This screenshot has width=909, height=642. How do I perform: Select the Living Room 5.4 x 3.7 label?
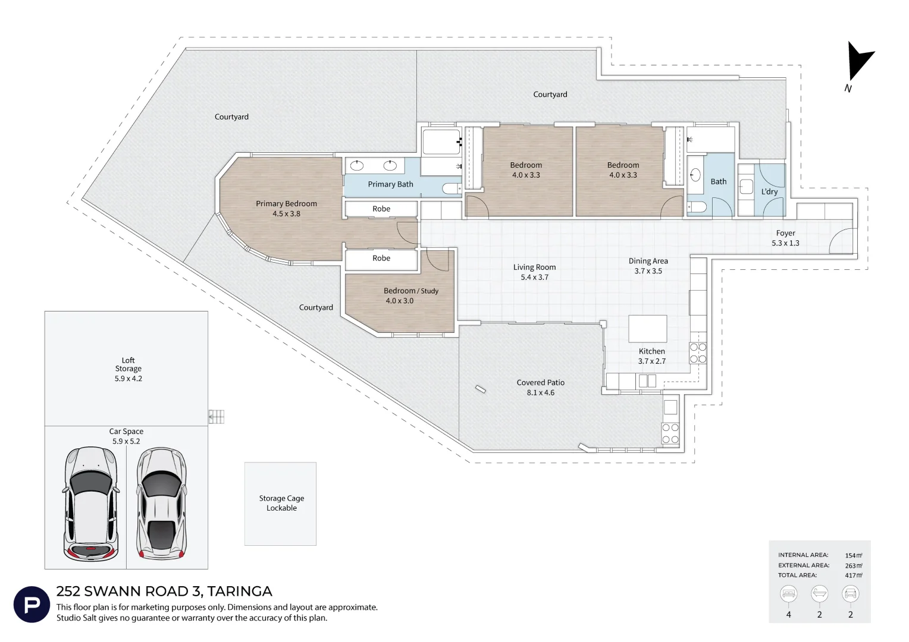tap(534, 272)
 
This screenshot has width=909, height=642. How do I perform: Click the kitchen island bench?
tap(648, 329)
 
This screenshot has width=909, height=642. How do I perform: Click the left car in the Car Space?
tap(91, 503)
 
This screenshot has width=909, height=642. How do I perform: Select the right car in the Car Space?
tap(161, 503)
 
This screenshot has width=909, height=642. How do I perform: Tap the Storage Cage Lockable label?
tap(281, 503)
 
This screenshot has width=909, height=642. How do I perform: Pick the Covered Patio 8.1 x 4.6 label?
tap(541, 388)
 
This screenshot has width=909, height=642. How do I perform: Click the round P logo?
tap(32, 605)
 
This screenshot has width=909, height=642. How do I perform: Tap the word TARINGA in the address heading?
tap(239, 591)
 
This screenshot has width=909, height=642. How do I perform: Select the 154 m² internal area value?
tap(854, 555)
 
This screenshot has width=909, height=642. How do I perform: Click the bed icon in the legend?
tap(788, 594)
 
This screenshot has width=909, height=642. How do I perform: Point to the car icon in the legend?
tap(850, 594)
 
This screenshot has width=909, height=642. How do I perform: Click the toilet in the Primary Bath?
tap(452, 188)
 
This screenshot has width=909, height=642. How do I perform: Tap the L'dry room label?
tap(769, 191)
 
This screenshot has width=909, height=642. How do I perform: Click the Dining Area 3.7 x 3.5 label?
tap(648, 266)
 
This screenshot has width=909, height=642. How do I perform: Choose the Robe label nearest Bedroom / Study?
tap(381, 258)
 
